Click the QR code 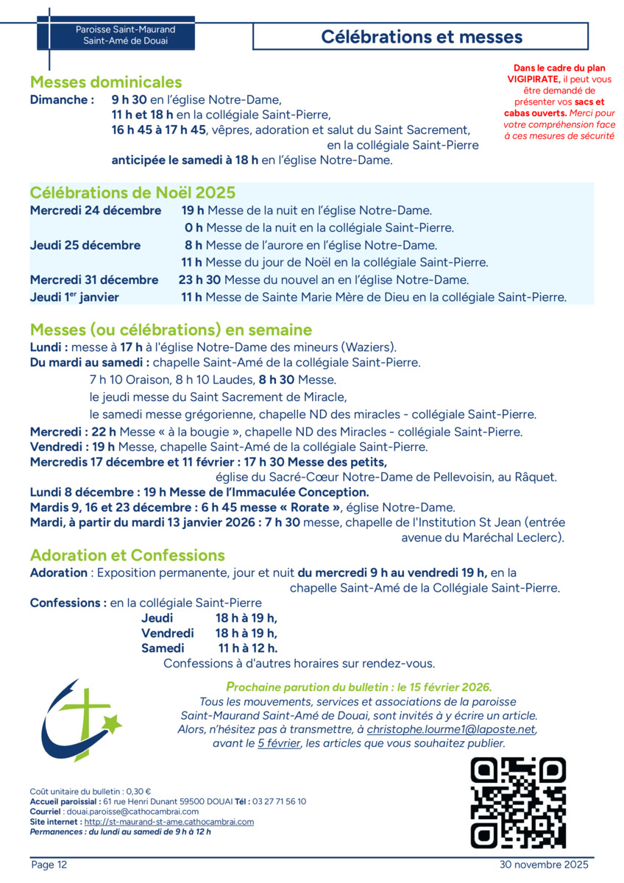click(x=518, y=803)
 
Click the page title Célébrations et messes click(x=422, y=37)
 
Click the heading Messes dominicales click(x=106, y=82)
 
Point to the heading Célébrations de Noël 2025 click(x=132, y=193)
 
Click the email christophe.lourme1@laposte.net click(x=451, y=729)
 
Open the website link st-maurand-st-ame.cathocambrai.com click(x=169, y=821)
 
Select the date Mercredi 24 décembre click(x=96, y=210)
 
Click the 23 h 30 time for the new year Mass click(x=199, y=280)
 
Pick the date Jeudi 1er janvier click(x=74, y=297)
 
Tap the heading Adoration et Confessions click(x=127, y=556)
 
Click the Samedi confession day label click(x=163, y=648)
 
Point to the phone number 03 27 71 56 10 click(x=278, y=801)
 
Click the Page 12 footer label click(x=49, y=865)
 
